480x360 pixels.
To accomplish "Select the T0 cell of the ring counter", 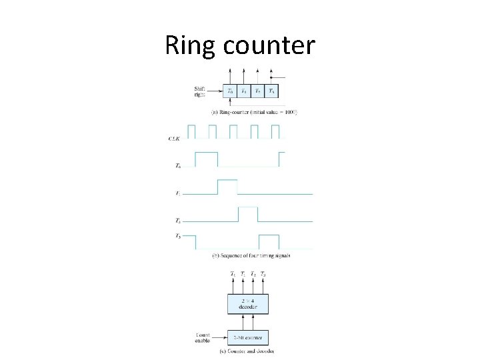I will (231, 91).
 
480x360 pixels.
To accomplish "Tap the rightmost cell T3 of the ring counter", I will (271, 91).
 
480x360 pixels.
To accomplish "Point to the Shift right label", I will (200, 91).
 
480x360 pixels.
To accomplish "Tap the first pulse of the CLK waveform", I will (191, 131).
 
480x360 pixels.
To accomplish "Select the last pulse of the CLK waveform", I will (274, 131).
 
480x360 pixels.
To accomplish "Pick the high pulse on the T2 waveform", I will (248, 214).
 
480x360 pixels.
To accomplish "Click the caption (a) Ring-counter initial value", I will (254, 113).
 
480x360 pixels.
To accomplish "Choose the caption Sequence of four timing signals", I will (251, 255).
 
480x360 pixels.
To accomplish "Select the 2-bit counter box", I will (248, 337).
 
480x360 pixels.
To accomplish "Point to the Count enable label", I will (203, 338).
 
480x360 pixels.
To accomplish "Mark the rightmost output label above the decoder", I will (263, 274).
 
